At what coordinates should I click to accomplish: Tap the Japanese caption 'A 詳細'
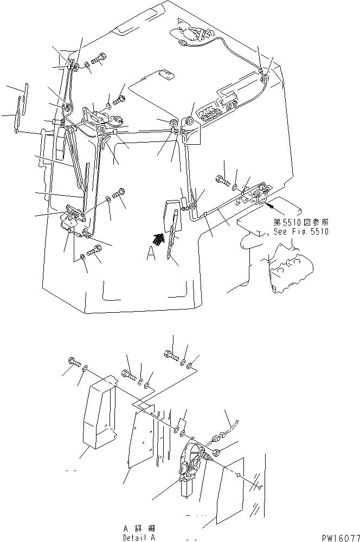(x=139, y=527)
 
